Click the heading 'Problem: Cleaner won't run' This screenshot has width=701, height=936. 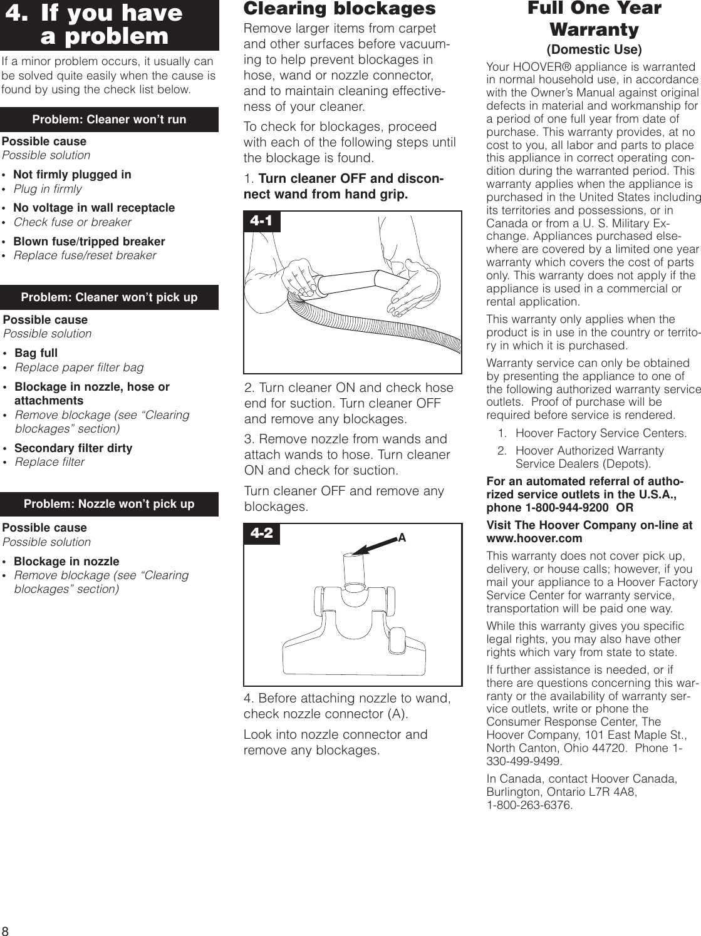pos(109,120)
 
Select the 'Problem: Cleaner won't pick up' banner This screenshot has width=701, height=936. pos(109,297)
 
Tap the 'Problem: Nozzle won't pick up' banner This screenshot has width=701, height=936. pos(109,504)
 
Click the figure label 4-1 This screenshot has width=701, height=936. pos(261,221)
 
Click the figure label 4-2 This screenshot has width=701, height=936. pos(262,533)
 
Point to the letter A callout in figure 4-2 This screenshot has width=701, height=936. pos(402,538)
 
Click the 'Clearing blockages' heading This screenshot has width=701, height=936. pos(339,9)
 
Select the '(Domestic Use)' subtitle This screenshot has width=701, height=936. pos(594,49)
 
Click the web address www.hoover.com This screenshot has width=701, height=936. pos(534,538)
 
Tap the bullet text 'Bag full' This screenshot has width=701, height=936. pos(36,353)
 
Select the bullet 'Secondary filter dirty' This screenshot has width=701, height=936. pos(73,448)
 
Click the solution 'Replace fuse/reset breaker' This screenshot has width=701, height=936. pos(85,255)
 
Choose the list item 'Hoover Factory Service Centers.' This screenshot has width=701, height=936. pos(601,433)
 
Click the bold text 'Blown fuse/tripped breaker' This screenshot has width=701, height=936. pos(89,242)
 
